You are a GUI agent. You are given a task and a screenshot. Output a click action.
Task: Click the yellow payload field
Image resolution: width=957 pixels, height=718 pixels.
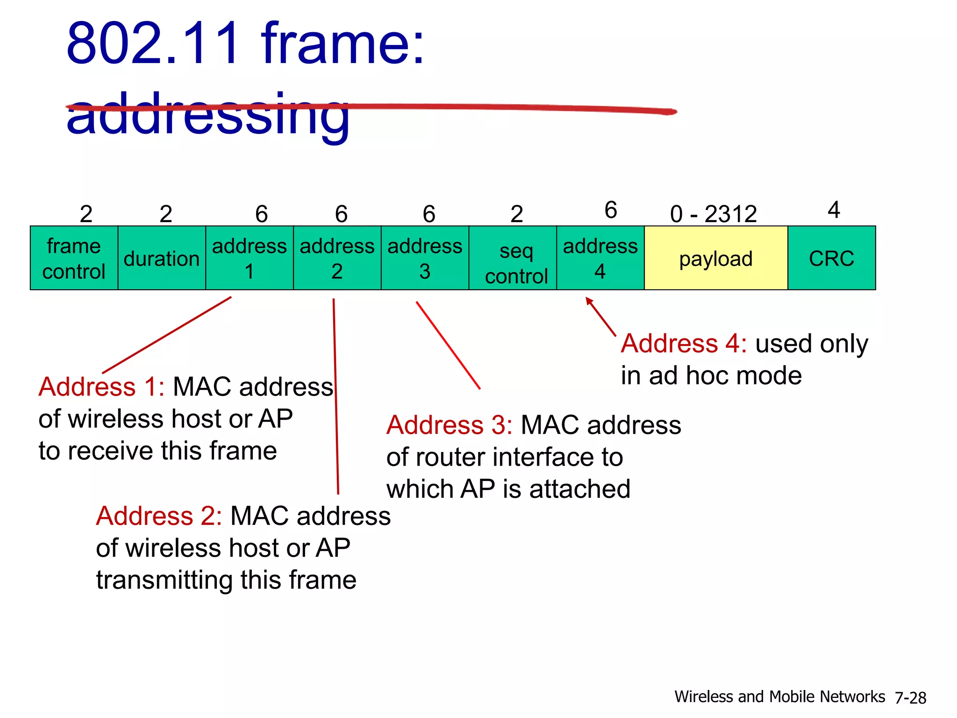(716, 258)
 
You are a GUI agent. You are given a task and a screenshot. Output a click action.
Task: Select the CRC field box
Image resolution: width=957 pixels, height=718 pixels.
(831, 258)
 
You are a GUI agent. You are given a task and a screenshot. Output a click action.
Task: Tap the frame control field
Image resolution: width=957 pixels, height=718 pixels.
(74, 258)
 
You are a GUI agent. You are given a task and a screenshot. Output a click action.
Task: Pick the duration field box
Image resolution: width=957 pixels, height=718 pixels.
(162, 258)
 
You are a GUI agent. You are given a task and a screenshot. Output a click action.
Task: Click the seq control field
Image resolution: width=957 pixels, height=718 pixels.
(516, 258)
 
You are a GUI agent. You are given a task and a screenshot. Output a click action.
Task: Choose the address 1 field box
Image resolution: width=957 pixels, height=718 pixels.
(250, 258)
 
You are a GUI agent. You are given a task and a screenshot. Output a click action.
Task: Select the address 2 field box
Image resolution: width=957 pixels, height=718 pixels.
(337, 258)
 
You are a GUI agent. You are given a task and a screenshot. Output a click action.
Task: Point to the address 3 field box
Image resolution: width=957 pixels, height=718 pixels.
(425, 258)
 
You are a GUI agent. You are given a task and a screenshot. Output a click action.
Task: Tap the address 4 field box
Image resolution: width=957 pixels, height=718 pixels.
(600, 258)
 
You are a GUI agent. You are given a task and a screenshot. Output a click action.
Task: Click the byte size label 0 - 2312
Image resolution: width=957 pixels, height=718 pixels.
(713, 214)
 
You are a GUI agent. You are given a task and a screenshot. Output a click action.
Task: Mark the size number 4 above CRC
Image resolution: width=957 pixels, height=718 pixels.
(834, 210)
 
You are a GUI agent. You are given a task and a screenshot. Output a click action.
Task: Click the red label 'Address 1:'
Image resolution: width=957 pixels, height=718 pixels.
(101, 387)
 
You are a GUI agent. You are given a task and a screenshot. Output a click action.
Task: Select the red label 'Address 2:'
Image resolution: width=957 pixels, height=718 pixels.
(159, 516)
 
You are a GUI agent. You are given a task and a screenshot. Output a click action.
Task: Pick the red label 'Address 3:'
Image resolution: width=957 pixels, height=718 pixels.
(449, 425)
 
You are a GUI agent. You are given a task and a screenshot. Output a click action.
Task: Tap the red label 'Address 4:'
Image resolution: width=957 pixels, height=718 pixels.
(684, 344)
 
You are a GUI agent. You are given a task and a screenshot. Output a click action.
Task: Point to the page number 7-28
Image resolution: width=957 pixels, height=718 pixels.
(910, 698)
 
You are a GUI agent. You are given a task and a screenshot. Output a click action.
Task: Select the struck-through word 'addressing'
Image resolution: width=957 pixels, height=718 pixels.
(208, 115)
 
